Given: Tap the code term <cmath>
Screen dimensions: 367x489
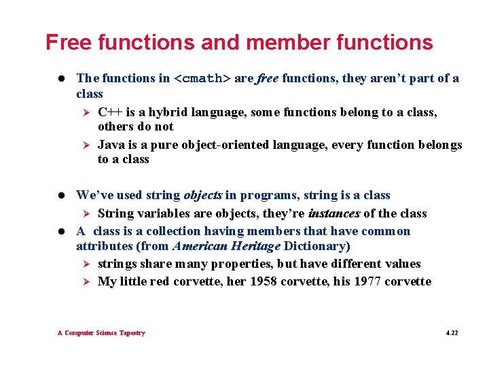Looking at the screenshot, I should tap(202, 78).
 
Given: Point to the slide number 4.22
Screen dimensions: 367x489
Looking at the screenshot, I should tap(452, 333).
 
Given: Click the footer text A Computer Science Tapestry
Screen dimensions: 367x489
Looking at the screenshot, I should tap(101, 333).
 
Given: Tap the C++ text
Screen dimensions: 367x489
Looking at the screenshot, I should tap(111, 112).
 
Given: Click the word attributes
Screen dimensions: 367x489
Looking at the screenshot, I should tap(104, 246).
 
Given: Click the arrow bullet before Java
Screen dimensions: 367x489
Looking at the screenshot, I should tap(86, 145).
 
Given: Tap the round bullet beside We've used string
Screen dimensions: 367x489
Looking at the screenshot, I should tap(62, 196).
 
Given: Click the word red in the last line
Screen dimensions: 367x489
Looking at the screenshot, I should tap(164, 281).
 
